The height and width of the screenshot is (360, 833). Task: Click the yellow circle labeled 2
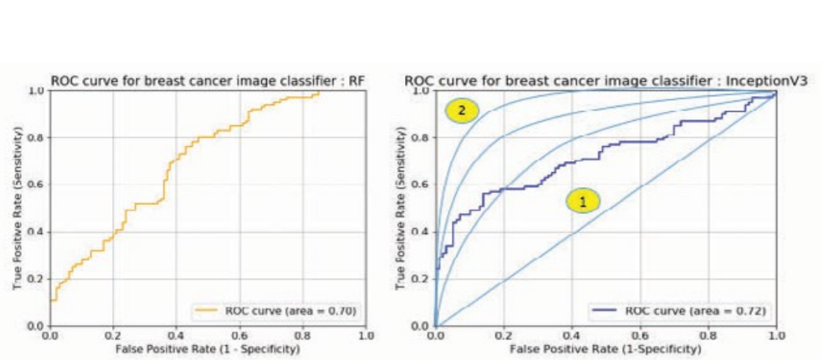pos(462,111)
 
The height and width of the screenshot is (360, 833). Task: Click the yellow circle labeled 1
pos(583,200)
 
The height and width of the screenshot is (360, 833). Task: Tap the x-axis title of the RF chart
pos(208,349)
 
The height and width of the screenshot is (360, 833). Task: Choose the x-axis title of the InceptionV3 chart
pos(606,349)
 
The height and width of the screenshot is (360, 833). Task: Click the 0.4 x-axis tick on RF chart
pos(177,337)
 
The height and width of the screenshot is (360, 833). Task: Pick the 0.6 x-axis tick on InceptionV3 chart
pos(640,337)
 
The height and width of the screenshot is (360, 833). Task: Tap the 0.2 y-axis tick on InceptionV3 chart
pos(422,279)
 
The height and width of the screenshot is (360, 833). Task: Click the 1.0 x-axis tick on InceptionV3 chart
pos(776,337)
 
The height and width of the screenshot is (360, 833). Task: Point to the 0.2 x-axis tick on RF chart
pos(113,337)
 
